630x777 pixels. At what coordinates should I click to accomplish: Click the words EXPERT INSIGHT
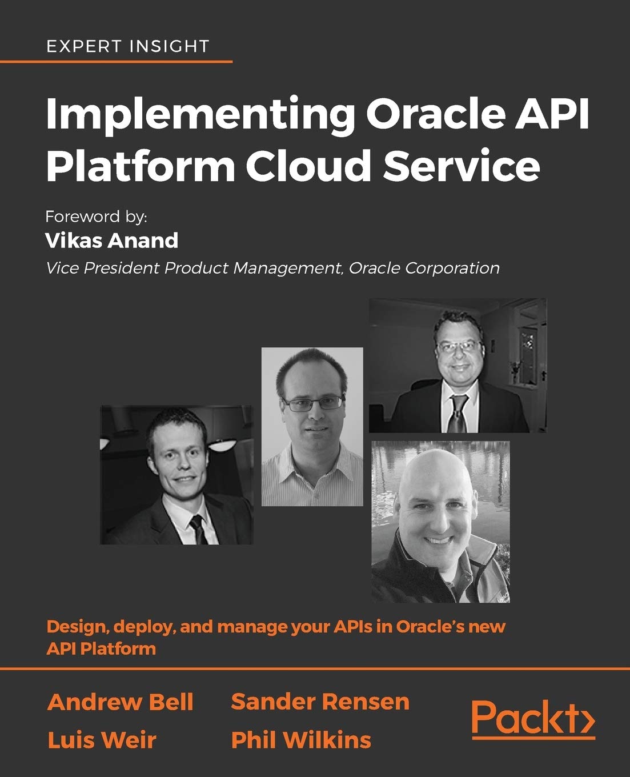coord(127,46)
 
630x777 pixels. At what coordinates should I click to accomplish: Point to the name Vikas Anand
coord(111,241)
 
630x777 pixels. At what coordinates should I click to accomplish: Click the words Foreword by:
coord(97,217)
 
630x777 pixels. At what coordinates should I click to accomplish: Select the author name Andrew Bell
coord(121,702)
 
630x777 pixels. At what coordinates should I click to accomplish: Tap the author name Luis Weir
coord(102,740)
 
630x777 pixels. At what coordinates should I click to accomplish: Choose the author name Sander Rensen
coord(320,702)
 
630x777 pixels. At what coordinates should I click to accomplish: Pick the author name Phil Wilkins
coord(301,740)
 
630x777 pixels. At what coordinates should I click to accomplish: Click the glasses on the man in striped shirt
coord(312,404)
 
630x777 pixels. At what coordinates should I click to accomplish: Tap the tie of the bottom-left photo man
coord(199,528)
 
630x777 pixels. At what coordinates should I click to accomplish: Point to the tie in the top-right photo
coord(458,412)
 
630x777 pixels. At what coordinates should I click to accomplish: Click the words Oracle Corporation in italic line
coord(424,268)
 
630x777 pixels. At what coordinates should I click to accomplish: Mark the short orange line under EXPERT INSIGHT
coord(116,61)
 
